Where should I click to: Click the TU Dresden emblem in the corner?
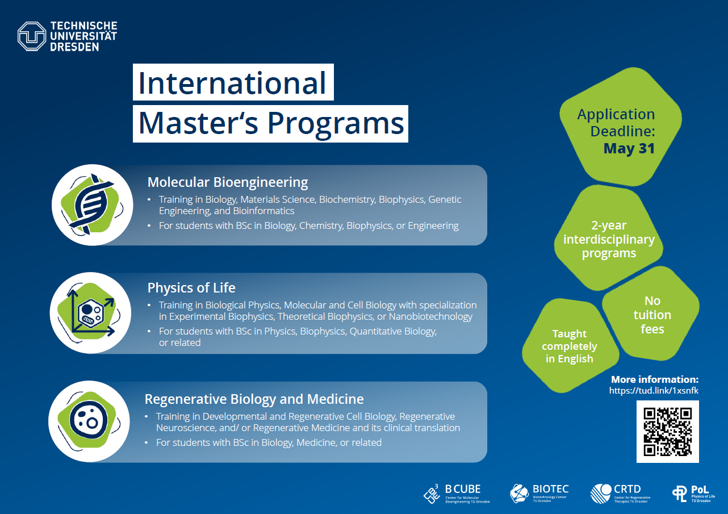click(x=32, y=36)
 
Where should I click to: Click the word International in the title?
click(x=232, y=83)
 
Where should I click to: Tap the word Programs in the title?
click(x=336, y=124)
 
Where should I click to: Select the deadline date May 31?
click(x=629, y=149)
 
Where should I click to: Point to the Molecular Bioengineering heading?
click(x=228, y=182)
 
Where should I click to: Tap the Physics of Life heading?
click(x=191, y=288)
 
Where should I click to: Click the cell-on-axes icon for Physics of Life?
click(x=90, y=313)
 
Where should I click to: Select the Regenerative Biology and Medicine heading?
click(x=254, y=399)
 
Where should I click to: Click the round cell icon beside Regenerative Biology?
click(x=89, y=421)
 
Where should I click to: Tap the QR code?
click(x=668, y=432)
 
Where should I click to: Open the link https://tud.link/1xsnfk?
click(x=654, y=390)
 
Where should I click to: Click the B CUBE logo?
click(x=457, y=494)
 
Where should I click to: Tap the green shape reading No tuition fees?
click(x=651, y=314)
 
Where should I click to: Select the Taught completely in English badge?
click(x=570, y=345)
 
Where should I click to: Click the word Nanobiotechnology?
click(x=430, y=316)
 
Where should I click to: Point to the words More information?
click(x=655, y=379)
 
